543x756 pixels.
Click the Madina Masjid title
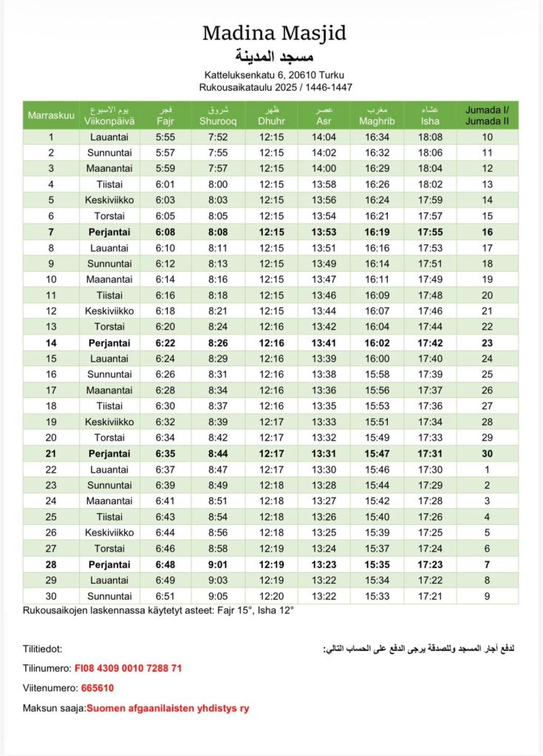point(274,33)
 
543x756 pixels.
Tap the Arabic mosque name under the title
point(274,57)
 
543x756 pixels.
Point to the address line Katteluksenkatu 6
point(274,75)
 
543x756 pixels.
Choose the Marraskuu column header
point(51,115)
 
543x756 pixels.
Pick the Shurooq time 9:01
point(217,564)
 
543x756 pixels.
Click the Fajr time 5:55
point(165,137)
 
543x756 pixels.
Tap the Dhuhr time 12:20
point(271,596)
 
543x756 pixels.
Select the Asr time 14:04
point(324,137)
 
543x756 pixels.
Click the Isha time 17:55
point(430,232)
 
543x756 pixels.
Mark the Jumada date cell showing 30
point(487,453)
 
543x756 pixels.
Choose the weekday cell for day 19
point(109,422)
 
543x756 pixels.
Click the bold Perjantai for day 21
point(109,453)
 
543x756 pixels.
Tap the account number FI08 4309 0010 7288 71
point(128,668)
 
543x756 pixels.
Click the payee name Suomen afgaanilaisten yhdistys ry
point(168,708)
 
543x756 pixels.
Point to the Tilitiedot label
point(42,649)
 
